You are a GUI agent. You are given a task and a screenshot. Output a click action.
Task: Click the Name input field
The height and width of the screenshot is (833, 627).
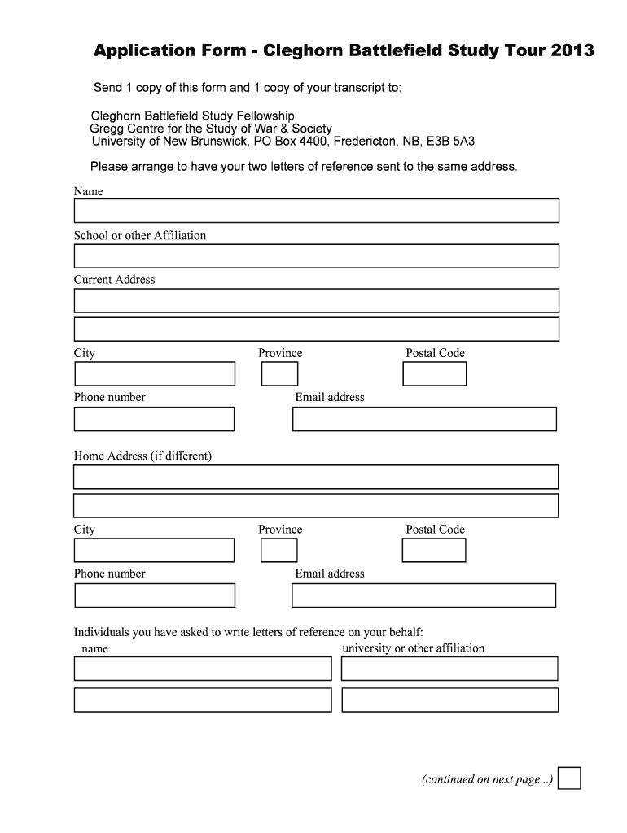316,211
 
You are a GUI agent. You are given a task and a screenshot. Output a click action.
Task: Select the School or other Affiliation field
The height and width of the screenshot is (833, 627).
316,255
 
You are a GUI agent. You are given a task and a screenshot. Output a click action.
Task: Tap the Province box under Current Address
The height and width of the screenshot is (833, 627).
279,374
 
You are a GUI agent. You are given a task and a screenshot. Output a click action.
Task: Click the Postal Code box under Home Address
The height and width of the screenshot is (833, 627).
434,551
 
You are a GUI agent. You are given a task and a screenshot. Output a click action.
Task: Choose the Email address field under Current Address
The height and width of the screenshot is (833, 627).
424,419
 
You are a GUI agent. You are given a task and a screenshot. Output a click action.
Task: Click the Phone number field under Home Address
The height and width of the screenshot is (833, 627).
155,595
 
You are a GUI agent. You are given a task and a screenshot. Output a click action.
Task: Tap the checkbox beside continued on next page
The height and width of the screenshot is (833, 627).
569,778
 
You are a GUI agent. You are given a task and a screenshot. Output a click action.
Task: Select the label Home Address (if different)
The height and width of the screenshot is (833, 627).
142,456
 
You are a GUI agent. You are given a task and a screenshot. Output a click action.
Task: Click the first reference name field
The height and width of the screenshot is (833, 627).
203,669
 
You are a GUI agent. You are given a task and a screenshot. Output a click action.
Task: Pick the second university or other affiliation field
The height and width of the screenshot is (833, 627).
449,700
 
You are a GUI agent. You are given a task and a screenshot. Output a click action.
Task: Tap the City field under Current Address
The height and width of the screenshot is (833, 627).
155,374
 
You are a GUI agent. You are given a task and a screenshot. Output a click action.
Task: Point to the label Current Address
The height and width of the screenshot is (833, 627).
114,279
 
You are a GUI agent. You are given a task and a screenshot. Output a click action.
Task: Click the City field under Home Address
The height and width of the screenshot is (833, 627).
155,551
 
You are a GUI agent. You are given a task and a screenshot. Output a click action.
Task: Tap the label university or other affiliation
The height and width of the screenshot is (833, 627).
413,648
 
